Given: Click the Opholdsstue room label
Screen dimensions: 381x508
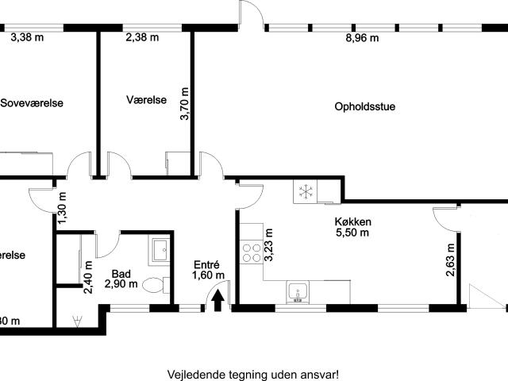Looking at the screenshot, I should tap(365, 107).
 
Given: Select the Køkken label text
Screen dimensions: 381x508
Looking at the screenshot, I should tap(352, 222).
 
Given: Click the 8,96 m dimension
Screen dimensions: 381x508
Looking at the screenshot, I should tap(362, 37).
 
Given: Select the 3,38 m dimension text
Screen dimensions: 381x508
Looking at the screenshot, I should tap(27, 36).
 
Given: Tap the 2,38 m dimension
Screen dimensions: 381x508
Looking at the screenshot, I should tap(142, 37).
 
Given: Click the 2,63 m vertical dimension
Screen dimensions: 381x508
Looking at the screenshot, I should tap(450, 260).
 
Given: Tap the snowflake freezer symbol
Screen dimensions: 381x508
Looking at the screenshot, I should tap(304, 191).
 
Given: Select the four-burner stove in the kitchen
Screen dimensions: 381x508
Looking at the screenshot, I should tap(252, 252).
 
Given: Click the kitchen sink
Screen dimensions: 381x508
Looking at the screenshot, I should tap(298, 292).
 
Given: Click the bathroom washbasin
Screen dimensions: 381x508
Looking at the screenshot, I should tap(158, 250).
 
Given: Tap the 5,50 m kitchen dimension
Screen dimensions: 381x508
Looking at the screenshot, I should tap(352, 233).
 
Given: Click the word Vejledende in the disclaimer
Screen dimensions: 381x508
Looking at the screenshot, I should tap(194, 374).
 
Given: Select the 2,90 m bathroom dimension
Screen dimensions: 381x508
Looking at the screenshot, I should tap(121, 283).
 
